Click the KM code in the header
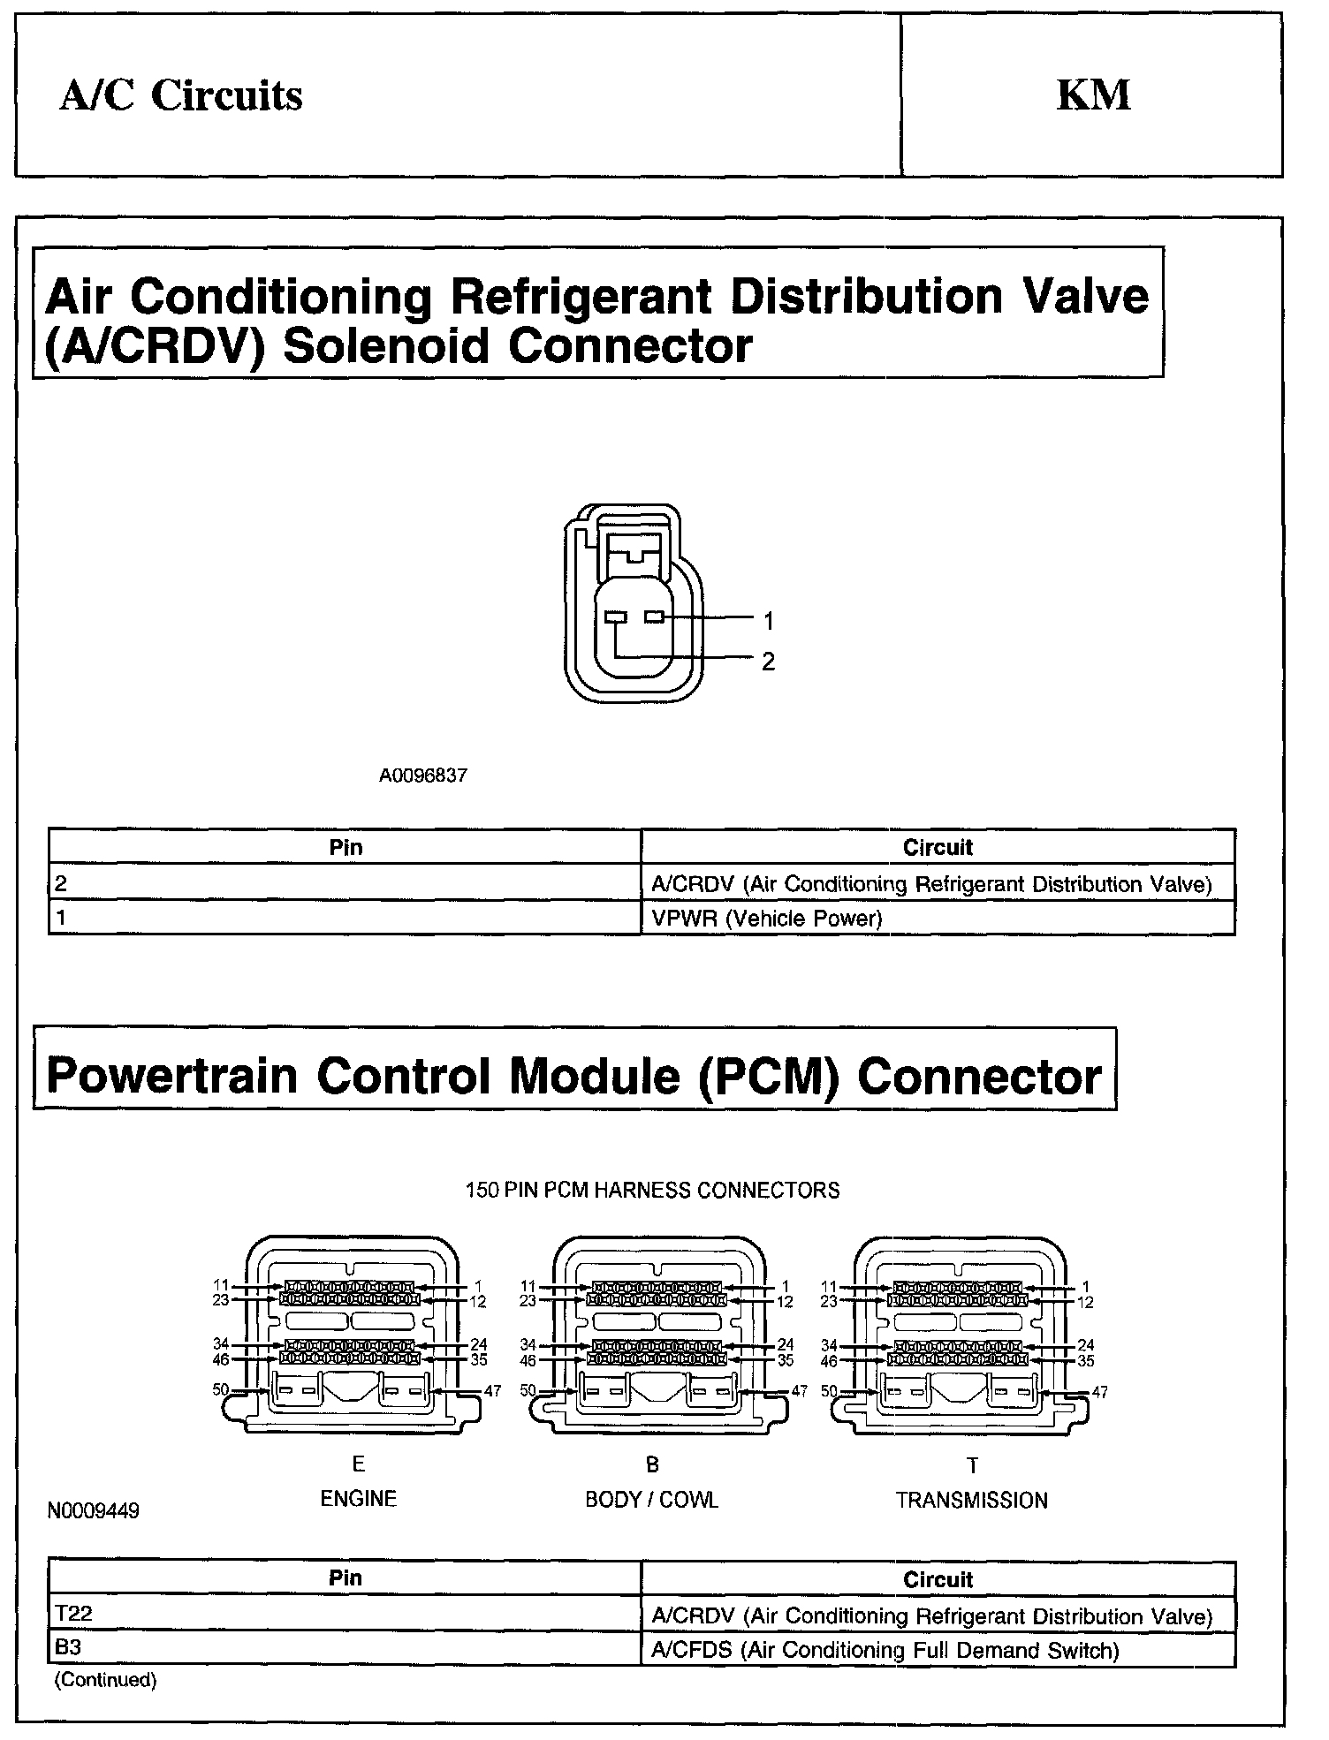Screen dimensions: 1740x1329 [1093, 95]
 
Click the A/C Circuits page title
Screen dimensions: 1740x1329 [181, 95]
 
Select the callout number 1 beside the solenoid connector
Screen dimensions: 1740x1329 [768, 622]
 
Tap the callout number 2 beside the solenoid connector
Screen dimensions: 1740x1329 [768, 661]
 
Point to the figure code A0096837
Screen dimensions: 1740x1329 [423, 775]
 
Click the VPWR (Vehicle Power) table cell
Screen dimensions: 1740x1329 [766, 919]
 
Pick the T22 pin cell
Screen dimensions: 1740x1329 [73, 1614]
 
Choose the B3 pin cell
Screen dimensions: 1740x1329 [68, 1648]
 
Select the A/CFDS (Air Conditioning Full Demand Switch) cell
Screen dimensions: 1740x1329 [885, 1650]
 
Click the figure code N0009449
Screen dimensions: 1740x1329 [94, 1511]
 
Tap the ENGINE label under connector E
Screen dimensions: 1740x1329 [358, 1499]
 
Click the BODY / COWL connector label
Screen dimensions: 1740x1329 [651, 1500]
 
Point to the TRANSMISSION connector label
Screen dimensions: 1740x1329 [971, 1501]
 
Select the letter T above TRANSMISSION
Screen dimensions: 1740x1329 [972, 1466]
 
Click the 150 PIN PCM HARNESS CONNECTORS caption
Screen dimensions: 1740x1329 [652, 1191]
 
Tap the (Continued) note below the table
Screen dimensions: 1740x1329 [105, 1680]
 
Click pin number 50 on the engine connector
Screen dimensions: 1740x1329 [220, 1389]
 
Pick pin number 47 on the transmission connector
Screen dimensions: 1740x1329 [1100, 1392]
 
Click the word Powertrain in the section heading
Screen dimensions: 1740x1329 [171, 1076]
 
